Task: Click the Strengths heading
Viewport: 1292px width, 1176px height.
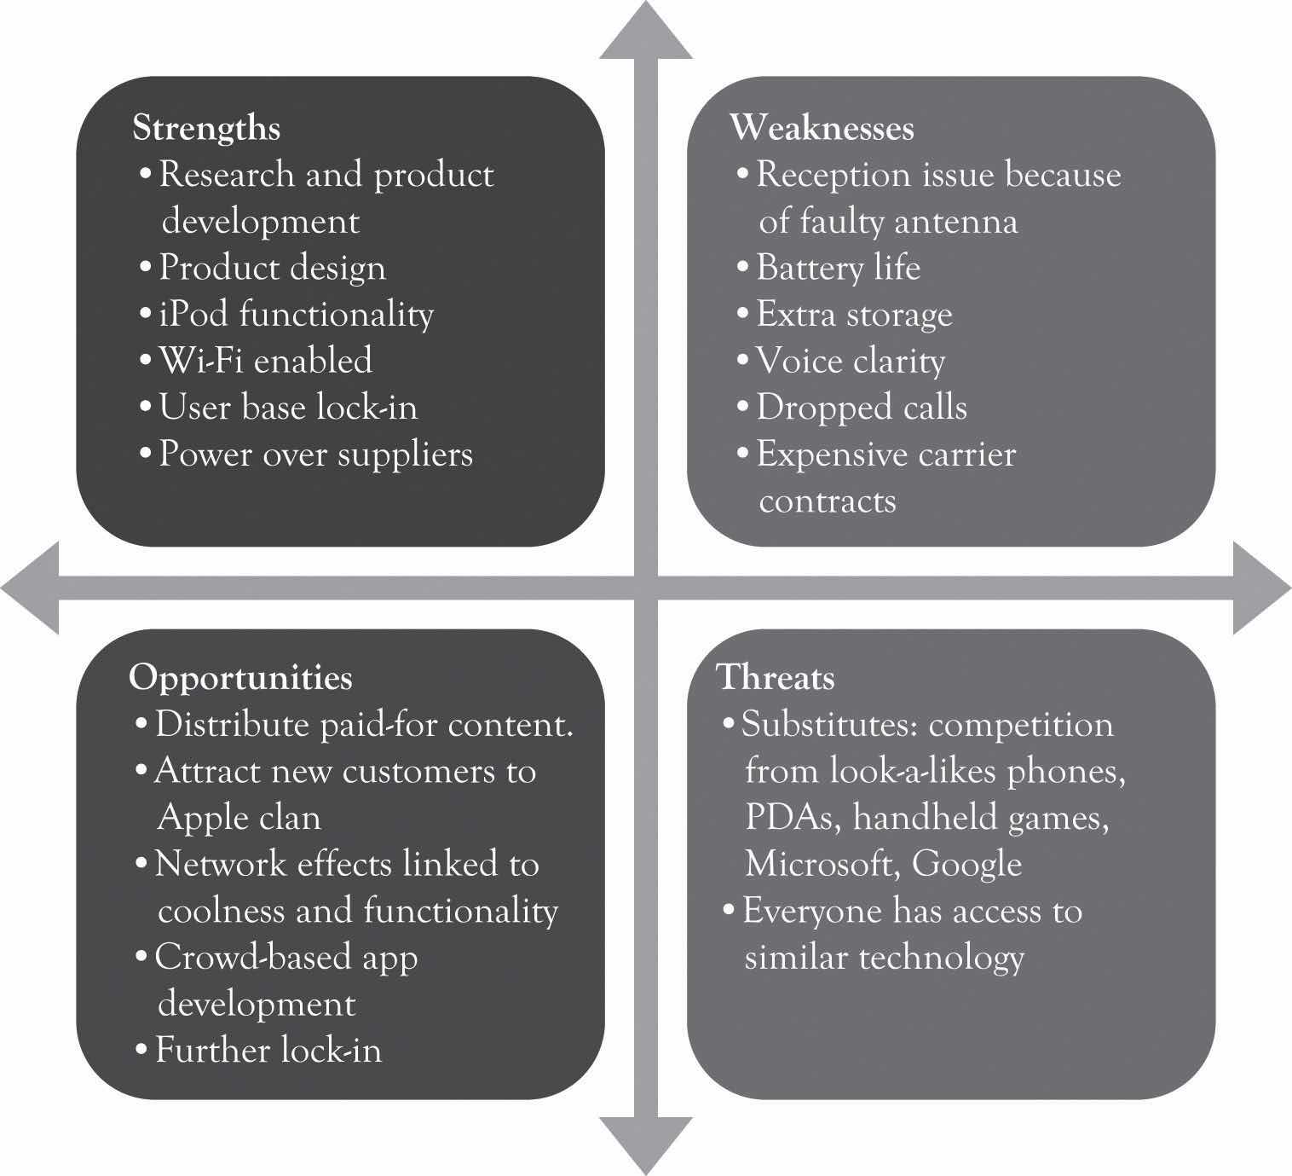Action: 206,128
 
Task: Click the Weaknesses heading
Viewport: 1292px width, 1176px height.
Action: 822,128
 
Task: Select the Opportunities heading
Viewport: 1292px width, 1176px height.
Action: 240,677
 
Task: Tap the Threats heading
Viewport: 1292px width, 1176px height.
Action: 776,677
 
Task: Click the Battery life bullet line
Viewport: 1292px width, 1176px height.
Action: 838,268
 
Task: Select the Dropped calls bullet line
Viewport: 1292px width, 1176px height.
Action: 861,407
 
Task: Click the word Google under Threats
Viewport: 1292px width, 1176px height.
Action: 966,865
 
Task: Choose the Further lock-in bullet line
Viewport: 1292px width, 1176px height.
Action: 268,1050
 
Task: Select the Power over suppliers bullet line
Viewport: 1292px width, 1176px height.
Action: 315,454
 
